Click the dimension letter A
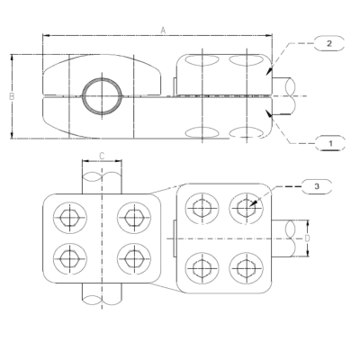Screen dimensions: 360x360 (163, 30)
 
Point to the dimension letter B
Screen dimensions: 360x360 (7, 96)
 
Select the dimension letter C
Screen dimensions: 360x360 (102, 157)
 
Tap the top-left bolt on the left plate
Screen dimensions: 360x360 (67, 218)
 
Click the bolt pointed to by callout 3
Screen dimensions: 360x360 (244, 207)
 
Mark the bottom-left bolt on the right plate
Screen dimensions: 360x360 (200, 266)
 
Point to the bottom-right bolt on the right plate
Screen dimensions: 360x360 (244, 266)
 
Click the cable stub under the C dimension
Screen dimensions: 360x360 (101, 180)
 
